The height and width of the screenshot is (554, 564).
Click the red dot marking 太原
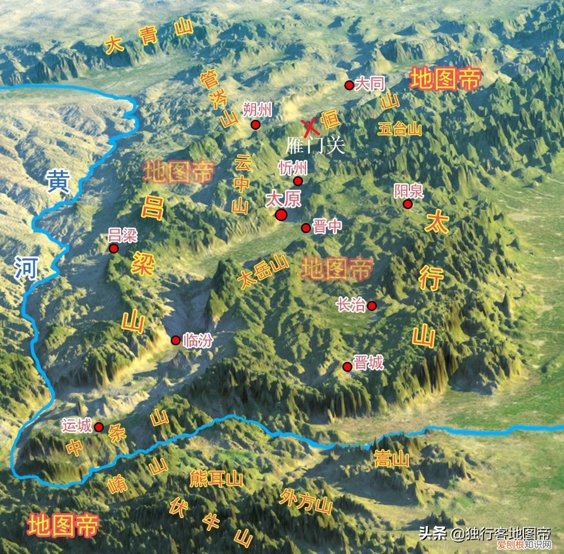(x=281, y=215)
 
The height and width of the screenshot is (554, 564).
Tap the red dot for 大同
(x=349, y=85)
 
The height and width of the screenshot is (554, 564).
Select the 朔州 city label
(x=257, y=109)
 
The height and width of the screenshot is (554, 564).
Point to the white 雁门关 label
(x=315, y=145)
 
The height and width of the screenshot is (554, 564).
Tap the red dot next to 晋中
(x=305, y=228)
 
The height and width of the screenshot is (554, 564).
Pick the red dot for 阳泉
(x=408, y=204)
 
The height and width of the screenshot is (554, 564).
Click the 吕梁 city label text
(x=123, y=235)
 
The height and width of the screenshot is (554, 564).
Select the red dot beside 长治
(x=372, y=305)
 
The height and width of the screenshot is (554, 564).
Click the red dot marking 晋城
(x=347, y=367)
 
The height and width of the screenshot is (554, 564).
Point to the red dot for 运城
(x=99, y=427)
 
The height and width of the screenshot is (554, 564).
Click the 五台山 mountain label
(x=400, y=129)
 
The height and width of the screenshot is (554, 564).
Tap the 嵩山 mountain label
(x=391, y=459)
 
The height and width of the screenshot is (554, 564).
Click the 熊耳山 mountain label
(x=216, y=479)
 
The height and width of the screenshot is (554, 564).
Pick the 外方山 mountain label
(x=305, y=501)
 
